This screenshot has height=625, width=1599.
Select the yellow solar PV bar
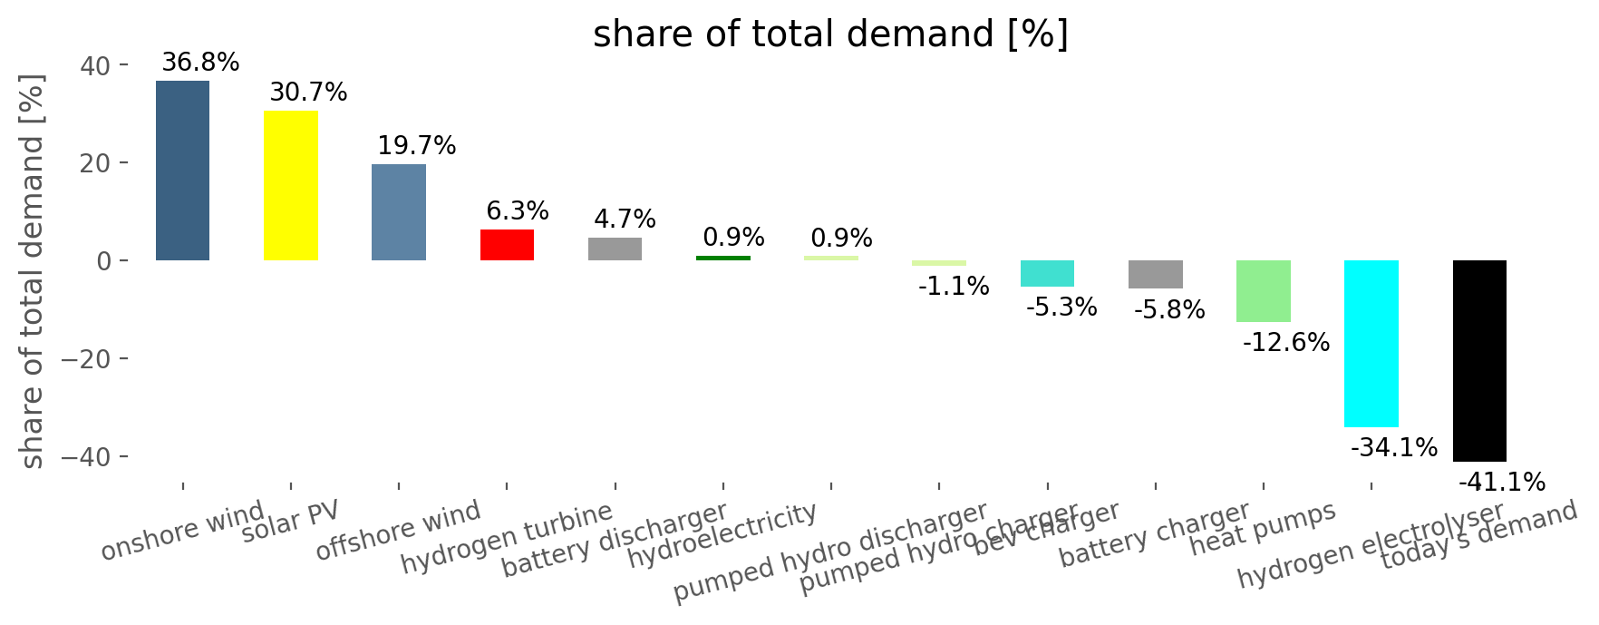point(291,185)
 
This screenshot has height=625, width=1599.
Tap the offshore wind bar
point(399,212)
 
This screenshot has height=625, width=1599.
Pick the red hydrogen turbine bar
point(507,245)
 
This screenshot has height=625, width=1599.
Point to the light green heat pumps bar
point(1263,291)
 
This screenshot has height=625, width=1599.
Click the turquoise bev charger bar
point(1047,273)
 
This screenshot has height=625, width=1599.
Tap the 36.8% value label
point(200,63)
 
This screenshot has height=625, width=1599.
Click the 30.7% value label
point(308,92)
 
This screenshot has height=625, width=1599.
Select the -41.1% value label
point(1501,483)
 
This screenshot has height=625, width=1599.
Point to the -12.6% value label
point(1285,343)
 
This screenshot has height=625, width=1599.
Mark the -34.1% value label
point(1393,447)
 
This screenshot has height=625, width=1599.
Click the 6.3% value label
point(517,210)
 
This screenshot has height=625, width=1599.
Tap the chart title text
point(830,34)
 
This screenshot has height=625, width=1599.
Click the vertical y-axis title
point(32,271)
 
